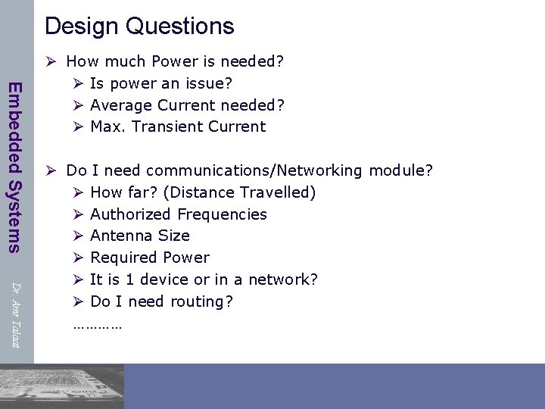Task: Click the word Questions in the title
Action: tap(179, 27)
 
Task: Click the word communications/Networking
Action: tap(254, 170)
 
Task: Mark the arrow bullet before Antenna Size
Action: tap(77, 236)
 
